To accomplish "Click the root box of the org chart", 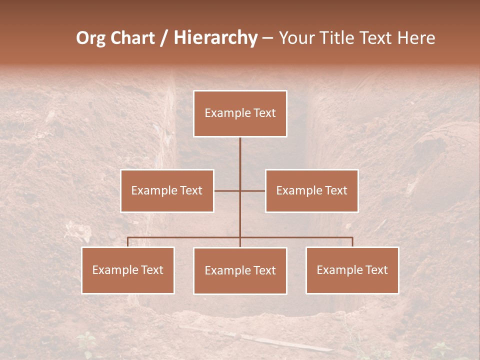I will click(x=240, y=113).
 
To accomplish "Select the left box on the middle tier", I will click(x=167, y=190).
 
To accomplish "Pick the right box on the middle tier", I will click(x=311, y=190).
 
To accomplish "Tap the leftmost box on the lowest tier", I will click(x=128, y=270).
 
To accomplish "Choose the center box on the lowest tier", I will click(x=240, y=270).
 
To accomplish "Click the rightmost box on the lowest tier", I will click(x=352, y=270).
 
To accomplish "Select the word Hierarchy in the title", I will click(x=215, y=38).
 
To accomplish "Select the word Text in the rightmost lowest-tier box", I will click(x=376, y=270).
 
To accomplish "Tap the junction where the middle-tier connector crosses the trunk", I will click(x=240, y=190).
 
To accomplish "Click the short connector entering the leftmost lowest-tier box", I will click(x=128, y=242).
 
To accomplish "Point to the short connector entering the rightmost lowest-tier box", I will click(x=352, y=242).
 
